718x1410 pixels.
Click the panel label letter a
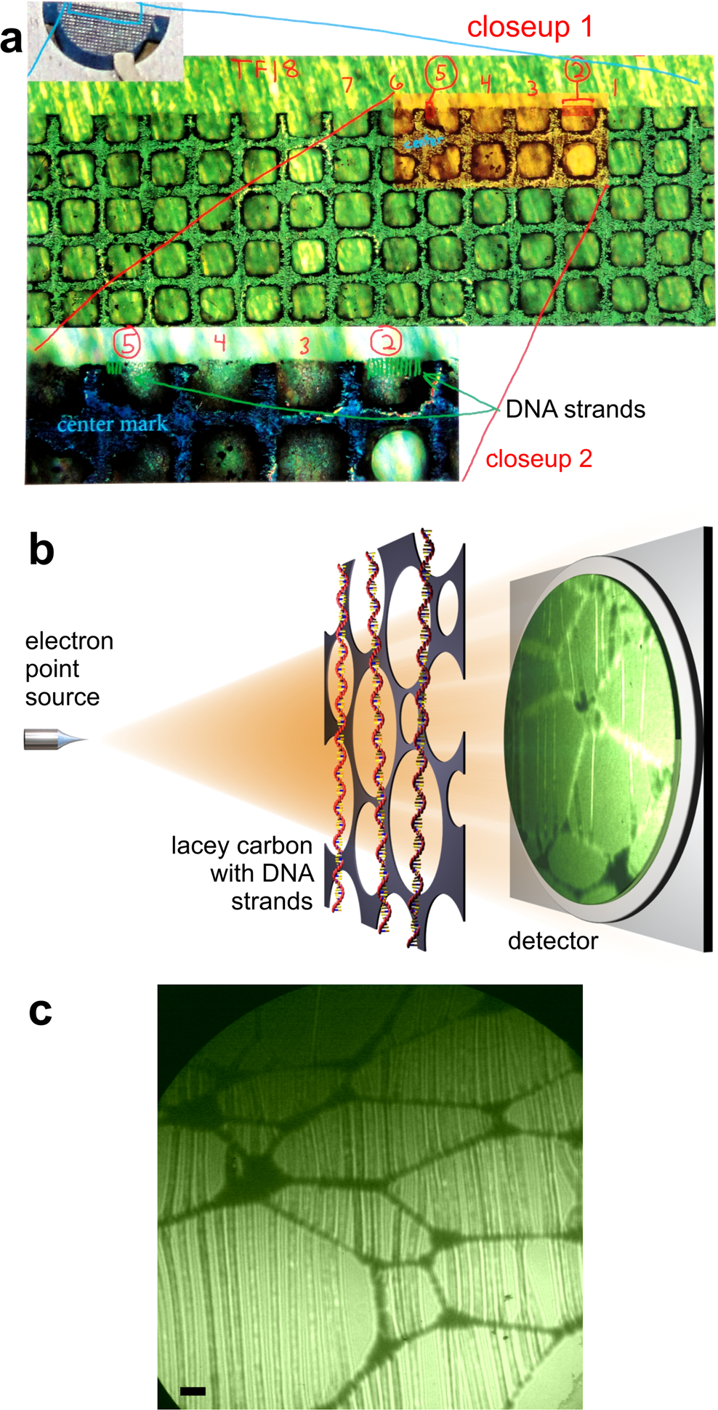12,41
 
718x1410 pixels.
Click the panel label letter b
41,550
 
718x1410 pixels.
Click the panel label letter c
41,1010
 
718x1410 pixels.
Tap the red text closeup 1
530,28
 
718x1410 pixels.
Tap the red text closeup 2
538,459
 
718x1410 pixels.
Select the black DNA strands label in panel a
575,410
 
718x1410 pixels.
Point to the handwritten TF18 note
265,70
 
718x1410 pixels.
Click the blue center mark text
112,424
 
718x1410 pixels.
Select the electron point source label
69,668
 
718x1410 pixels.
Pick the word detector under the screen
553,941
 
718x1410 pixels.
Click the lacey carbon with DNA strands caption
242,873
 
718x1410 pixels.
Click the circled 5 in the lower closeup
128,344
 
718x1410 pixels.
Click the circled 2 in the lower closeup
386,341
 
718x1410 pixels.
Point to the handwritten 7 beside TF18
348,84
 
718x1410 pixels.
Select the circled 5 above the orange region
441,73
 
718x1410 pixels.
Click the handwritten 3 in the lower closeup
304,346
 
